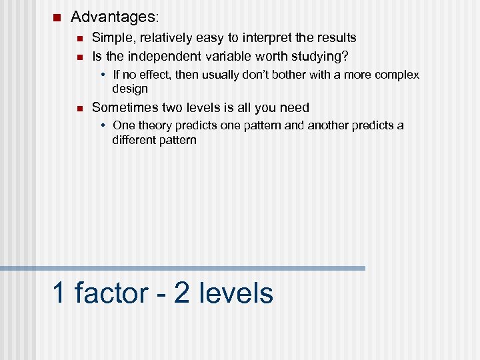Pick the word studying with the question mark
pyautogui.click(x=324, y=55)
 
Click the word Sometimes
pyautogui.click(x=125, y=107)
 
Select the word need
pyautogui.click(x=295, y=107)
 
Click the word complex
pyautogui.click(x=397, y=75)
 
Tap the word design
pyautogui.click(x=130, y=89)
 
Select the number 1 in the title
pyautogui.click(x=59, y=293)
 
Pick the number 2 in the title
pyautogui.click(x=181, y=293)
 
